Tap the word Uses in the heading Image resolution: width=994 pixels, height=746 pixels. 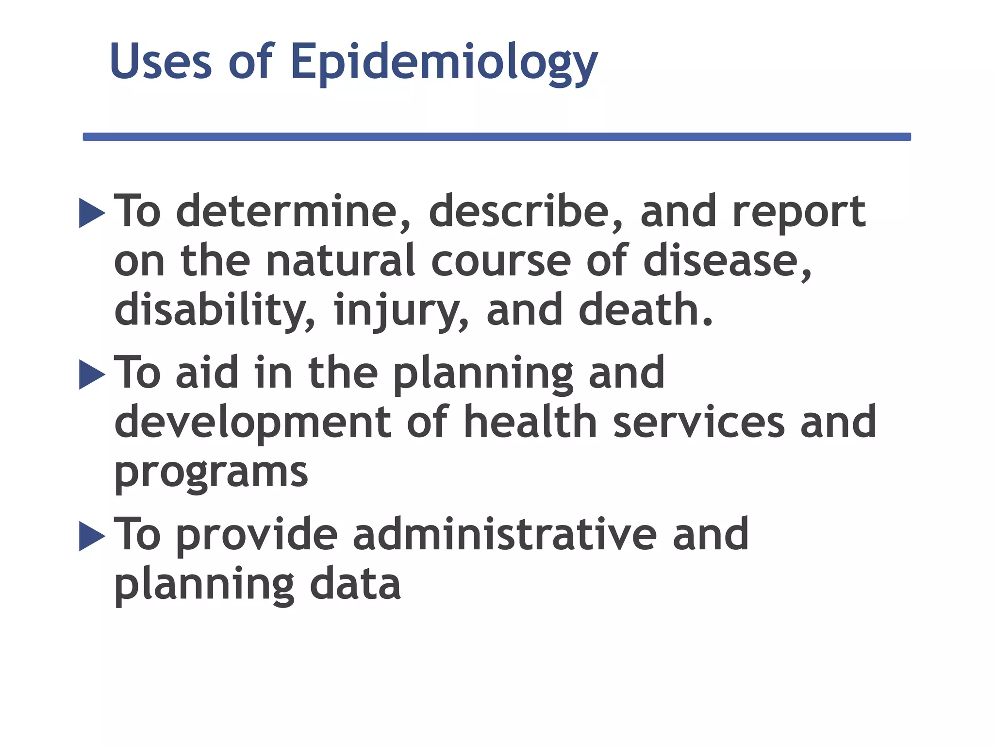161,62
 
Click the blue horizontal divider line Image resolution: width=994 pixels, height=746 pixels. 497,137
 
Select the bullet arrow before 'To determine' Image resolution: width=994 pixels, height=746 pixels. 92,213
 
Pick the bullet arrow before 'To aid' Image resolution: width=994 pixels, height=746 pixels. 92,374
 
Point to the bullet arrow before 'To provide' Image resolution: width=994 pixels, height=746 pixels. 92,536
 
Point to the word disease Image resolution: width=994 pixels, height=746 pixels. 726,261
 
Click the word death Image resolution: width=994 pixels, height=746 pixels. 646,309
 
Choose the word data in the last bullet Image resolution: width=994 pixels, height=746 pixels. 355,584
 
